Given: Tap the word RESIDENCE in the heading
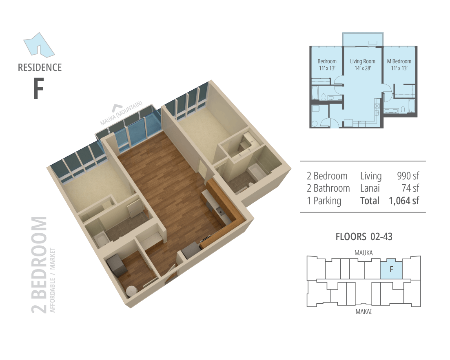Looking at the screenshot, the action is tap(40, 68).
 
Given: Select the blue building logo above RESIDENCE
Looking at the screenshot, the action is tap(39, 44).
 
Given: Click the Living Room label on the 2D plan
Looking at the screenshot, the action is tap(362, 61).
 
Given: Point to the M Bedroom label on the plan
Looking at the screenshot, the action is tap(399, 61).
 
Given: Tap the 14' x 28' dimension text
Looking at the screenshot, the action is tap(363, 68).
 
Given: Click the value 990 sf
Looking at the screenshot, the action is tap(408, 176).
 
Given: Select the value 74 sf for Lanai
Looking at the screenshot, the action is tap(410, 188).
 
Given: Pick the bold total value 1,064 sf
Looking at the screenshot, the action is tap(404, 201).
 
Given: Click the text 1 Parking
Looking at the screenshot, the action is tap(324, 201).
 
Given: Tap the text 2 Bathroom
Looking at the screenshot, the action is tap(328, 188).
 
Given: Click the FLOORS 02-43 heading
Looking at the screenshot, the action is tap(364, 236).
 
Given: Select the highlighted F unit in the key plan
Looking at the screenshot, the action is tap(391, 269).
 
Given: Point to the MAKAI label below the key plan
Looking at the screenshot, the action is tap(364, 311).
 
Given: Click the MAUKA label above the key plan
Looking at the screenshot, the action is tap(364, 253).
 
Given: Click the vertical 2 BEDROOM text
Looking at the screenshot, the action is tap(39, 265).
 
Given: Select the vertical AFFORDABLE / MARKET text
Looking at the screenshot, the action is tap(52, 280).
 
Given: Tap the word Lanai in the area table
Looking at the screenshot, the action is tap(370, 188).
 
